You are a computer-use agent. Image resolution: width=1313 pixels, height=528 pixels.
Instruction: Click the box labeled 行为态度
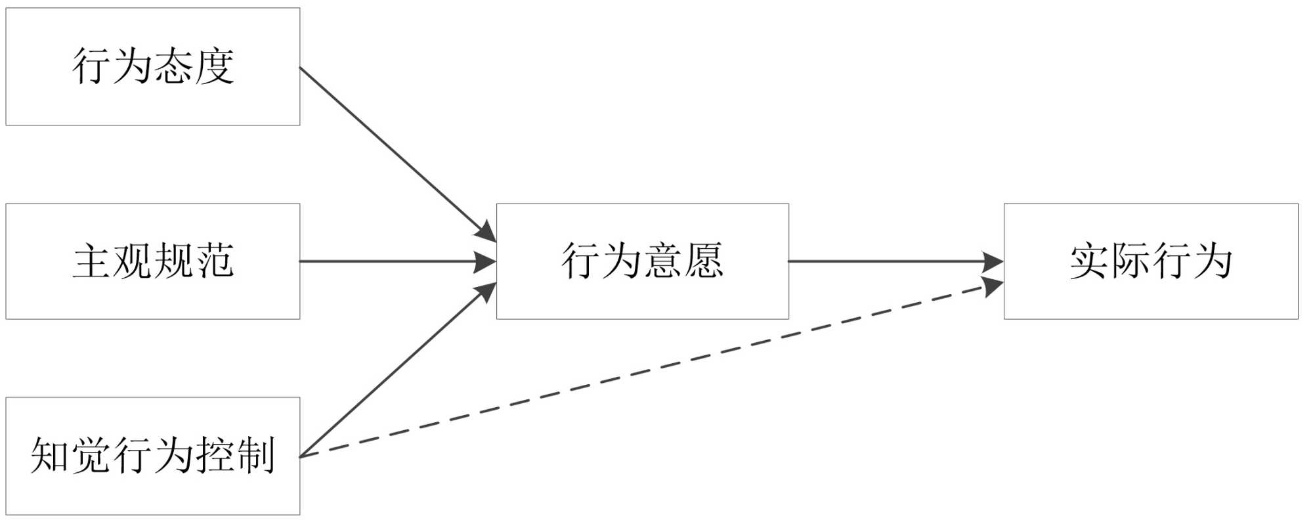pos(152,66)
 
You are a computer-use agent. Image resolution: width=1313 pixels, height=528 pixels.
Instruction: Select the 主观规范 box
pos(152,261)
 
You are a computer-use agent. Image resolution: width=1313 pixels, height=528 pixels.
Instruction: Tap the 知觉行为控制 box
pos(152,456)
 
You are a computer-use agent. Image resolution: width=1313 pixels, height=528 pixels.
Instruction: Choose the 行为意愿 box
pos(642,261)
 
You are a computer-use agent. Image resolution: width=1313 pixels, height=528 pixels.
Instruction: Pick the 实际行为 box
pos(1150,261)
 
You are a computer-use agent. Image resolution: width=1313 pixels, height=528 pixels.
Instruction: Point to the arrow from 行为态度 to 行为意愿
pos(394,151)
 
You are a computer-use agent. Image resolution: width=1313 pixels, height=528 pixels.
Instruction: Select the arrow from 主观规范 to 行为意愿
pos(394,261)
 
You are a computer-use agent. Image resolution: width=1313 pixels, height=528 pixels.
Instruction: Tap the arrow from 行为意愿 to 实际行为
pos(893,261)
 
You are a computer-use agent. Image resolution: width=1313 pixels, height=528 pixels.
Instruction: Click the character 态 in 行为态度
pos(173,66)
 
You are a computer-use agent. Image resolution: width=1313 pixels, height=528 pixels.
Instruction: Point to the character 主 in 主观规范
pos(91,261)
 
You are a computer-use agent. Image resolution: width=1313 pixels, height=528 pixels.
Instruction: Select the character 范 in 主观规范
pos(214,261)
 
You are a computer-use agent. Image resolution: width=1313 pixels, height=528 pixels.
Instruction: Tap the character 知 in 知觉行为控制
pos(50,456)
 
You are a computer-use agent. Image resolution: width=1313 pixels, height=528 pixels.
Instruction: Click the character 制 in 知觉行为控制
pos(255,456)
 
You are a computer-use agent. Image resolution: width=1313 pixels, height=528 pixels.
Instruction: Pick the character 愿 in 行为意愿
pos(703,261)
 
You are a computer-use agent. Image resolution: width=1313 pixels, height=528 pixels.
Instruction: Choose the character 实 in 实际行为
pos(1089,261)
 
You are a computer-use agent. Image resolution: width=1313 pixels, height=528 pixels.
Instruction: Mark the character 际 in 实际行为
pos(1130,261)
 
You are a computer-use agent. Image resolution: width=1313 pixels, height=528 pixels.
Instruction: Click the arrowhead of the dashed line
pos(993,286)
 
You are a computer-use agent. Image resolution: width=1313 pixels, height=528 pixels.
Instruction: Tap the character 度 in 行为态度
pos(214,66)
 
